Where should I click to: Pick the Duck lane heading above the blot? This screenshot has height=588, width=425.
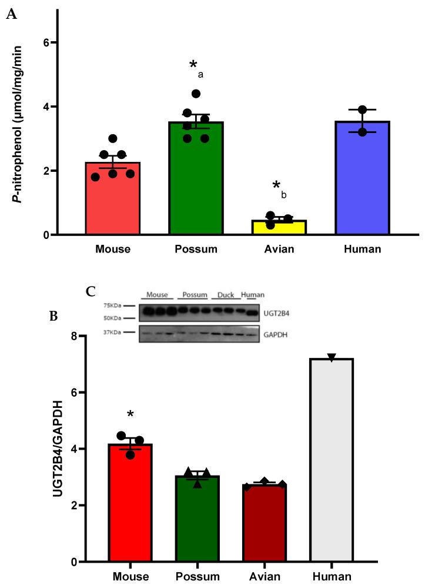click(x=225, y=294)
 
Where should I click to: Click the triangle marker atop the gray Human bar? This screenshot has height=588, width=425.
click(x=332, y=358)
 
